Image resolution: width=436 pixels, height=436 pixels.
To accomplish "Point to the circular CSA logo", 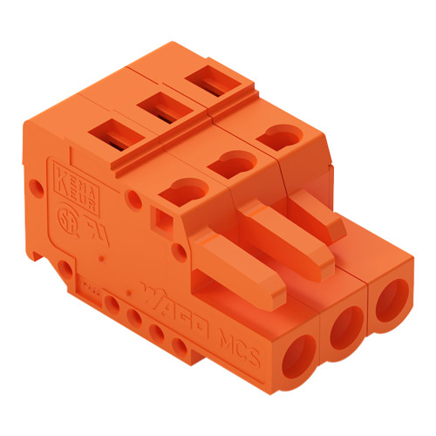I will (65, 215).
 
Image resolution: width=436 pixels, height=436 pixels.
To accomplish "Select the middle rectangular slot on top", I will (159, 107).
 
